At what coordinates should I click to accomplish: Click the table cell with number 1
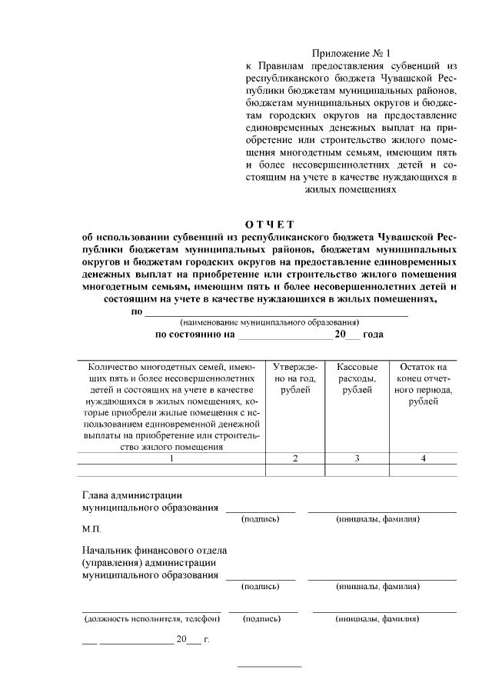coord(172,458)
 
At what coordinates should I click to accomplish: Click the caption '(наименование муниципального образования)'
coord(269,323)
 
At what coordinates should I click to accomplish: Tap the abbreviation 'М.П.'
coord(91,531)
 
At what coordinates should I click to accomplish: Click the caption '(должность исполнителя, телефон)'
coord(151,618)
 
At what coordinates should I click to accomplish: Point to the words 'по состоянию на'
coord(194,335)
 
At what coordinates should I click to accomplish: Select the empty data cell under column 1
coord(172,470)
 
